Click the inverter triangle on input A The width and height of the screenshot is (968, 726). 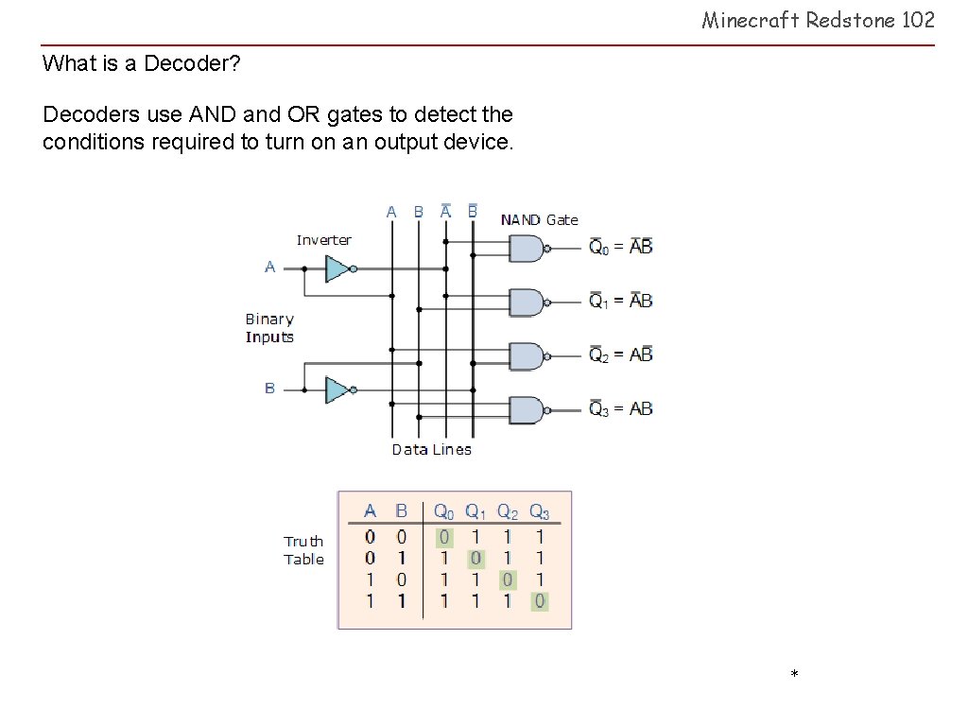point(338,269)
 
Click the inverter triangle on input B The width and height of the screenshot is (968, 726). point(338,390)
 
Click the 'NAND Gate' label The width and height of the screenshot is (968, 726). point(540,219)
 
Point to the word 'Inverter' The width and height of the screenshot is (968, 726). point(324,240)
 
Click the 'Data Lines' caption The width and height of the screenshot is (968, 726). point(431,449)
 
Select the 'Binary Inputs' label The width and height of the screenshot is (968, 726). point(269,328)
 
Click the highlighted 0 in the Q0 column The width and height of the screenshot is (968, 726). point(444,538)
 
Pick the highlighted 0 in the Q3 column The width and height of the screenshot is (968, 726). point(540,601)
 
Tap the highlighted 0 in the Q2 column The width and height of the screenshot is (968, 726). point(508,579)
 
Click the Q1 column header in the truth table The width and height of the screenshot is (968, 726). point(475,511)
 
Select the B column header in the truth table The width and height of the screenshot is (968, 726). point(401,510)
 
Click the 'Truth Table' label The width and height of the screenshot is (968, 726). point(303,550)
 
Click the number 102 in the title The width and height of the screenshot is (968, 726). point(918,20)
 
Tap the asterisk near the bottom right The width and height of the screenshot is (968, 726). point(794,673)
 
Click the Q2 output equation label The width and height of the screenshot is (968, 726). point(620,354)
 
